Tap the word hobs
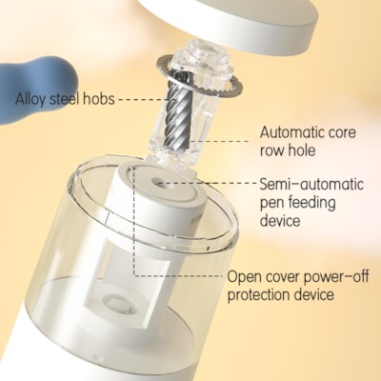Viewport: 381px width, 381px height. coord(99,98)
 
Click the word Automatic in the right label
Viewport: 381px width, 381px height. coord(292,132)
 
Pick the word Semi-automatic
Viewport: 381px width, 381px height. coord(311,184)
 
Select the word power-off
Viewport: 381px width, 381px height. coord(336,277)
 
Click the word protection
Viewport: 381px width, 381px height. coord(257,295)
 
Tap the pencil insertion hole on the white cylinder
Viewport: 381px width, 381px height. coord(158,183)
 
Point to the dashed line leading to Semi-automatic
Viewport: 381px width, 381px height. coord(210,183)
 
